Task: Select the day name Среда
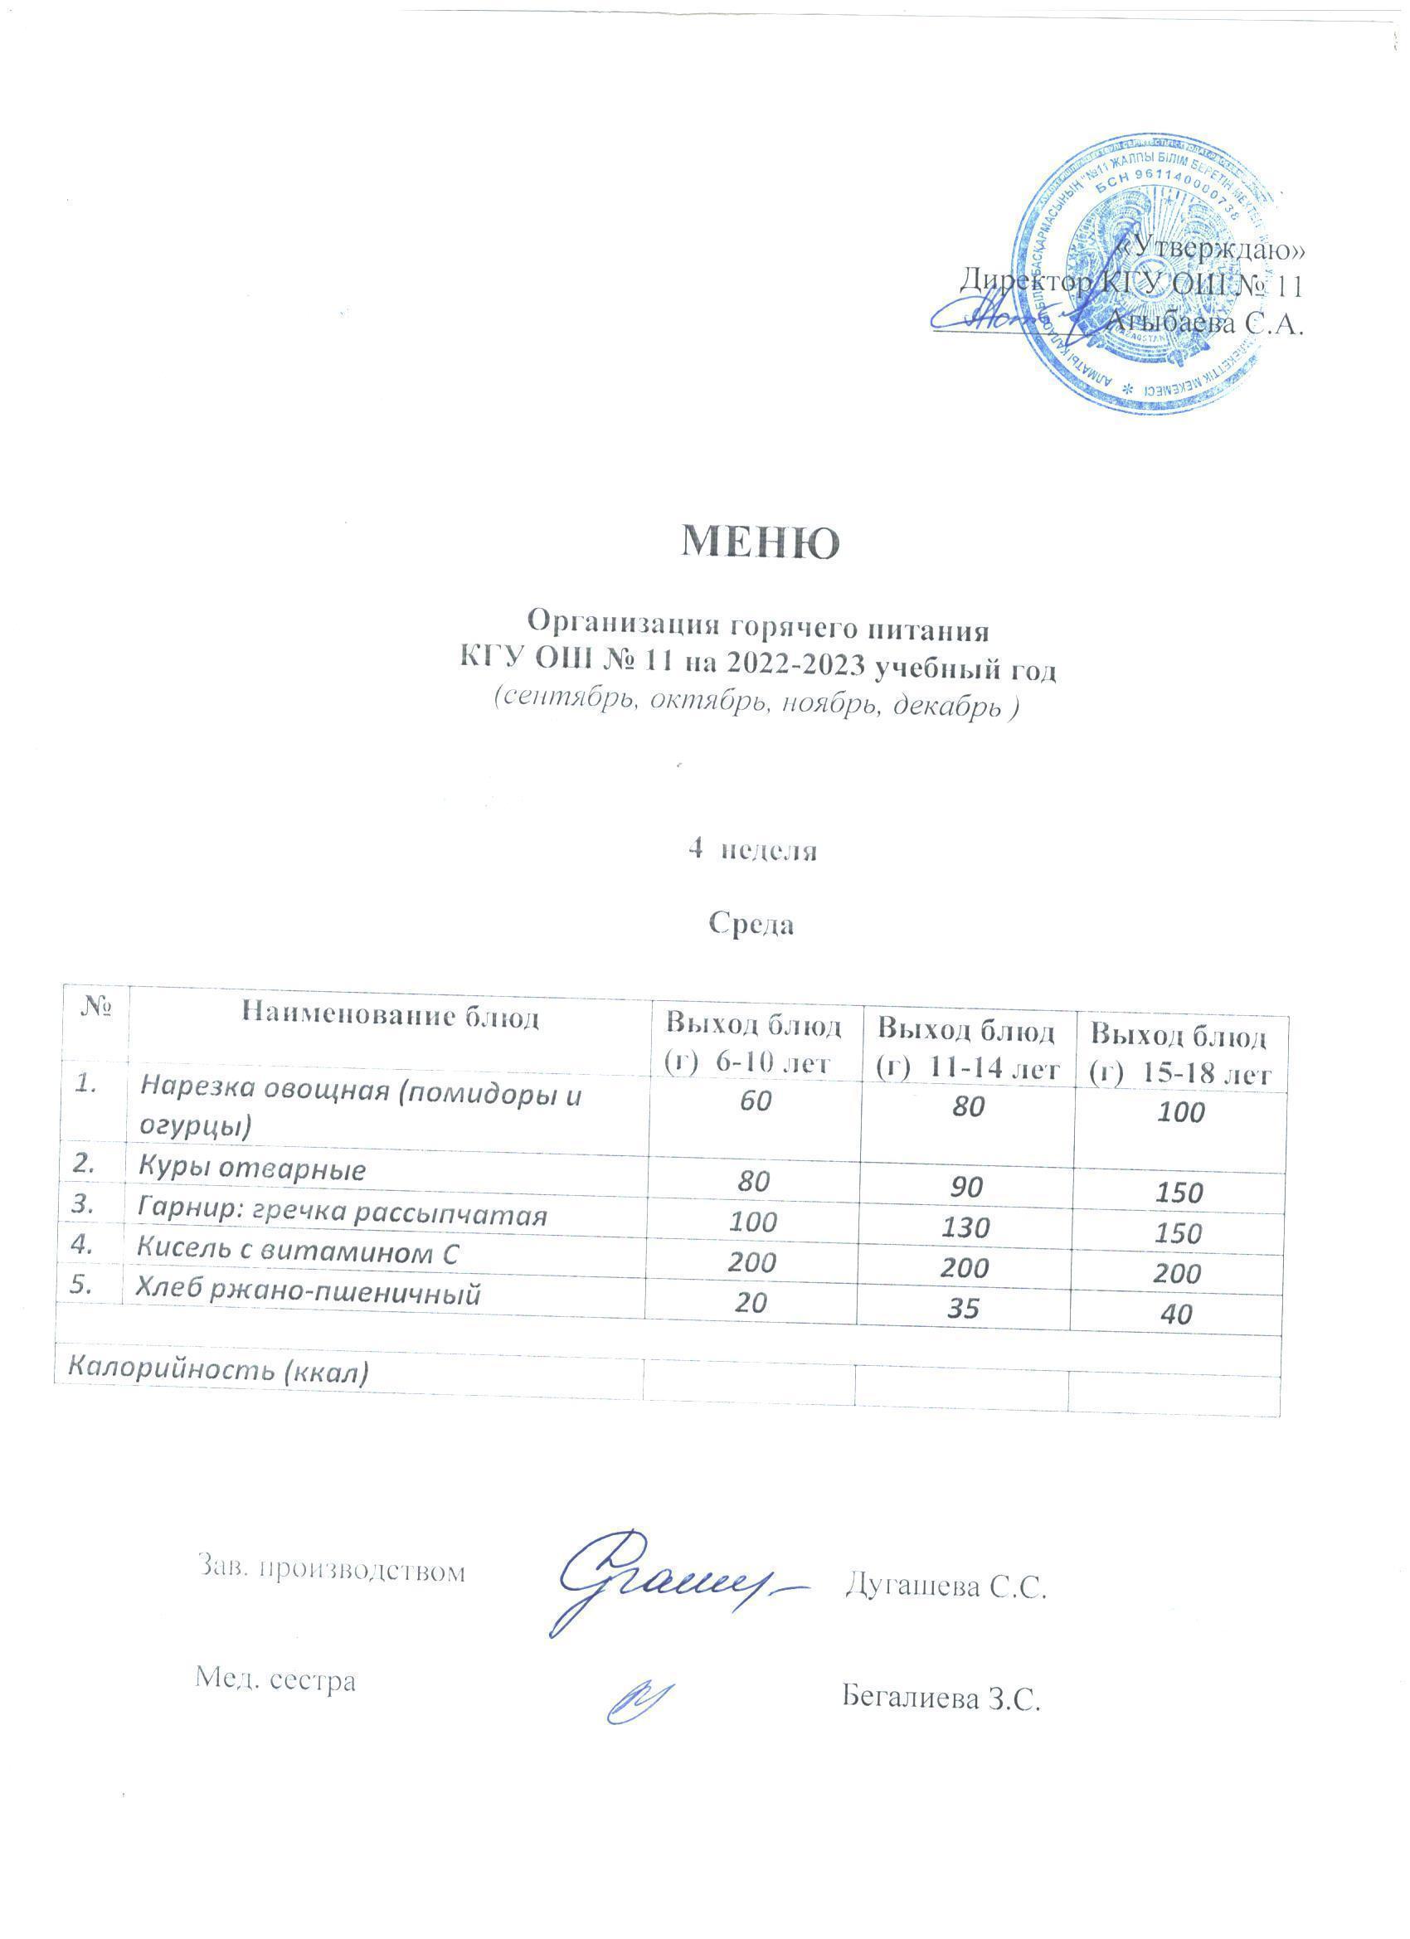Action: tap(751, 925)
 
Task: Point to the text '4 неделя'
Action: tap(752, 851)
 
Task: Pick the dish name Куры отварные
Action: tap(252, 1169)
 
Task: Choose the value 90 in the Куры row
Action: tap(965, 1187)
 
